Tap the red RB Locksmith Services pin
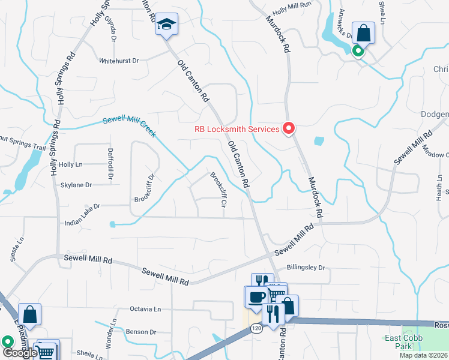[x=289, y=128]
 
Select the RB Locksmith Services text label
[x=237, y=129]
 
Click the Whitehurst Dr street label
[x=119, y=61]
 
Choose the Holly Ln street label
[x=70, y=164]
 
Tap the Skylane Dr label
[x=76, y=185]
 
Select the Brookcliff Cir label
[x=218, y=190]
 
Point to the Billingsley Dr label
[x=305, y=268]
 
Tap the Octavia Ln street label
[x=145, y=309]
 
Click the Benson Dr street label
[x=140, y=331]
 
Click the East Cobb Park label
[x=403, y=343]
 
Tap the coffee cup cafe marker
[x=256, y=296]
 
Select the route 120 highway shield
[x=257, y=328]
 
